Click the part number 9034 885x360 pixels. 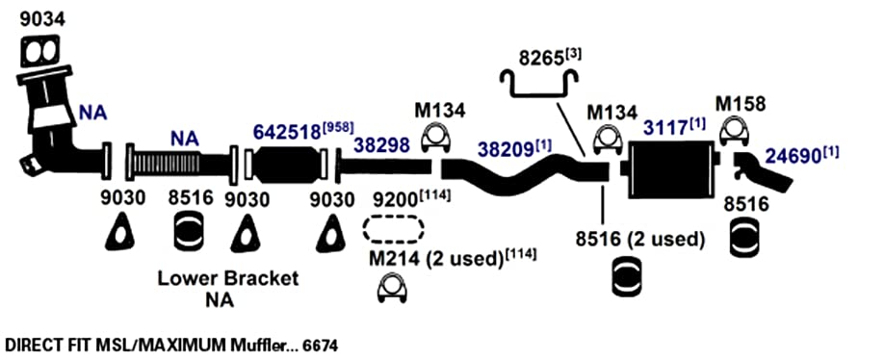[43, 19]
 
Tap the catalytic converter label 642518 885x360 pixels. [287, 132]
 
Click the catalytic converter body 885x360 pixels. [286, 165]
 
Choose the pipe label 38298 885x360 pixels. [381, 145]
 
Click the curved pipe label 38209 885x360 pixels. [507, 149]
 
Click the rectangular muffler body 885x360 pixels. [669, 169]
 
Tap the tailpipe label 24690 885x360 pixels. [793, 156]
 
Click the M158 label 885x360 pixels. [741, 104]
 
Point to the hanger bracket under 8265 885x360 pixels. [538, 83]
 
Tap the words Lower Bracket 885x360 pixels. [228, 278]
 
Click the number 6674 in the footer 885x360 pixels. [321, 345]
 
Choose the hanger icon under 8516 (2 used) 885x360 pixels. [627, 276]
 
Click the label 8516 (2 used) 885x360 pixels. [639, 240]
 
